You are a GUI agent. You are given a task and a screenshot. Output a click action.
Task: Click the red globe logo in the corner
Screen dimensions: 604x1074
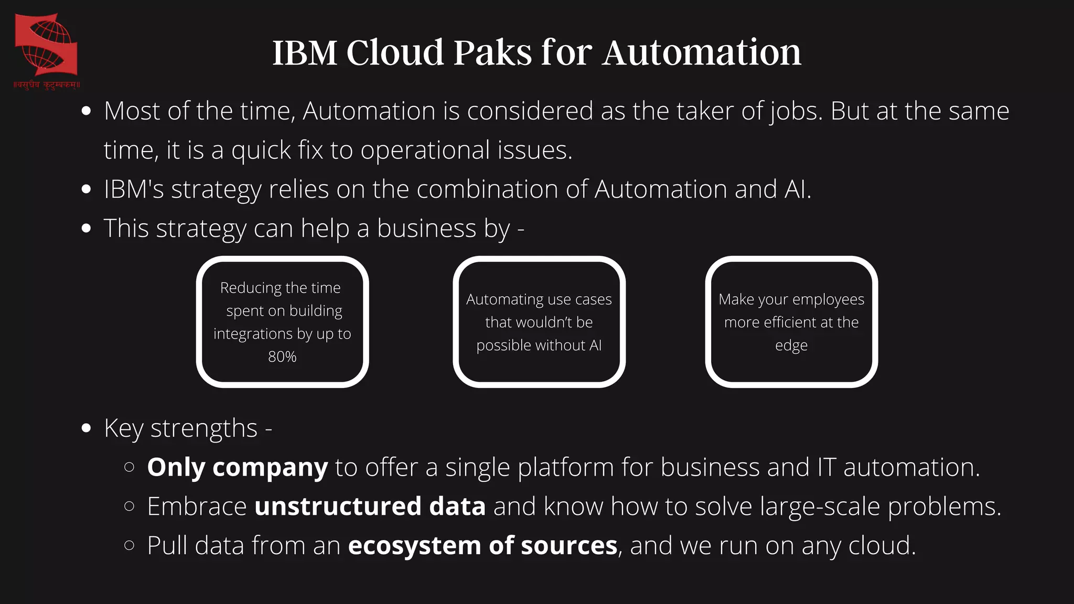click(x=46, y=45)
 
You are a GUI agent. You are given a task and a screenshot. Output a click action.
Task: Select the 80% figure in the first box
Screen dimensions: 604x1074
click(x=282, y=357)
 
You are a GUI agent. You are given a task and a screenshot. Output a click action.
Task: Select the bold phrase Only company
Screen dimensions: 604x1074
click(x=237, y=467)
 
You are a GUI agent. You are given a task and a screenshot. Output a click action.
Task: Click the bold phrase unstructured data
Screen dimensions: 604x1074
click(x=370, y=506)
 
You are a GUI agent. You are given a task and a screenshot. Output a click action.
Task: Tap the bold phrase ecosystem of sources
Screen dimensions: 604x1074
click(x=482, y=546)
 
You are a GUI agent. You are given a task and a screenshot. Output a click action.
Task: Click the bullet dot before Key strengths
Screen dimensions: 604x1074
click(x=87, y=428)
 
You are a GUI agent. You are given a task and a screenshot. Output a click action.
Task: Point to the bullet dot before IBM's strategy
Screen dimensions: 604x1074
click(x=87, y=189)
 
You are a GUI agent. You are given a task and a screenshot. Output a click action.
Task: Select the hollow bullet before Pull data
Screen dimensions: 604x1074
click(x=130, y=545)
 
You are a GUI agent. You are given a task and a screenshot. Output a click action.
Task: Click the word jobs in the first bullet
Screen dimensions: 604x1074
click(x=797, y=112)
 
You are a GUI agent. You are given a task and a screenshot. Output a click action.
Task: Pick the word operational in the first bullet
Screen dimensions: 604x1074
click(x=425, y=150)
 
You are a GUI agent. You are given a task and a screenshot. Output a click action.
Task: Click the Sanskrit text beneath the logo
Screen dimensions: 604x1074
click(x=46, y=84)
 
